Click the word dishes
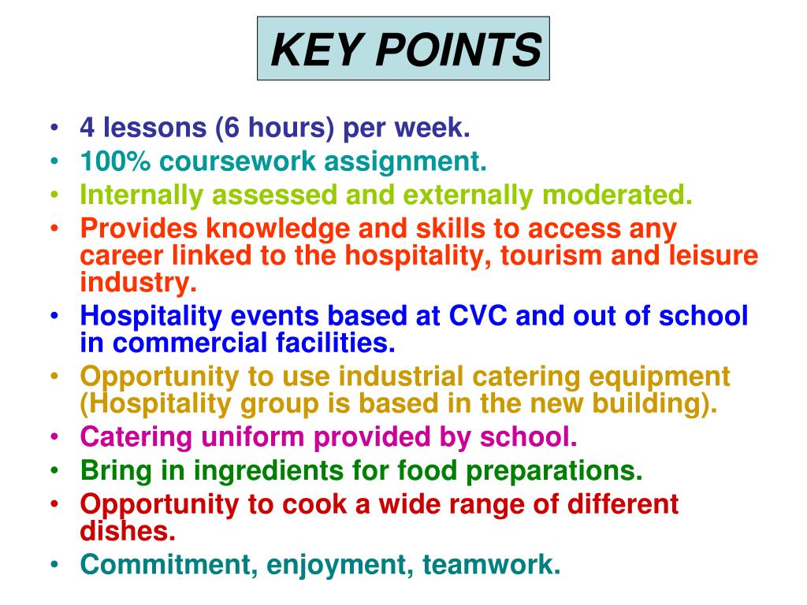[x=127, y=530]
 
